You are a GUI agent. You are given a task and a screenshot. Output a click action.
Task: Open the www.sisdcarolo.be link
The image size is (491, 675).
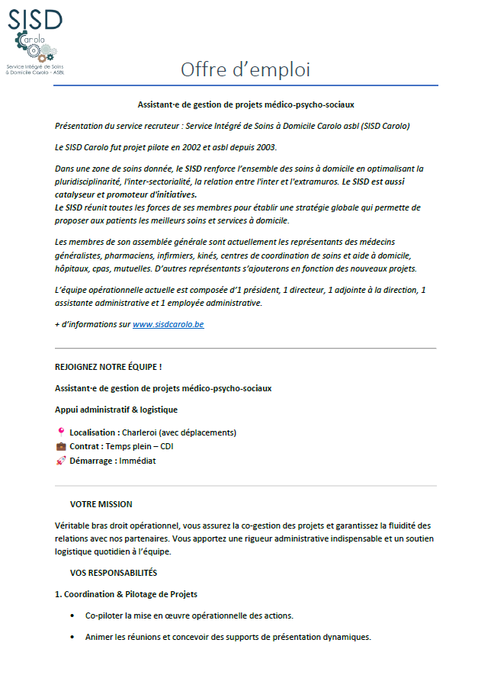(168, 324)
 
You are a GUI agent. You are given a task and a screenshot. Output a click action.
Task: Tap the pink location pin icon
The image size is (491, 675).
(61, 432)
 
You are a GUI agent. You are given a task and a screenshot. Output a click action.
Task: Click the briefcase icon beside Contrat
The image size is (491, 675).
(61, 446)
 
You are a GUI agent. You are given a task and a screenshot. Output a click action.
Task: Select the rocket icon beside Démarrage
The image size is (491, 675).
(61, 461)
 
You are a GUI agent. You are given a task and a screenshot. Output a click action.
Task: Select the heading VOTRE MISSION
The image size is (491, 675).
(101, 504)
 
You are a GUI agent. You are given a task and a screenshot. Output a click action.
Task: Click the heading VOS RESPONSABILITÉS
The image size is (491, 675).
(113, 572)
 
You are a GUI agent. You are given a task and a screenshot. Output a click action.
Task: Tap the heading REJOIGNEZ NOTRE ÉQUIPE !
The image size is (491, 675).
(108, 367)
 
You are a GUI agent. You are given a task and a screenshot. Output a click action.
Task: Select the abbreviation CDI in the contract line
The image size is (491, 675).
(166, 446)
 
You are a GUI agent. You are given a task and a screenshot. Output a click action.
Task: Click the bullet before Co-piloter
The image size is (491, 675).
(72, 616)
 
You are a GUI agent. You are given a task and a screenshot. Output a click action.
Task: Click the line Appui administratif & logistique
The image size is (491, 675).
(116, 410)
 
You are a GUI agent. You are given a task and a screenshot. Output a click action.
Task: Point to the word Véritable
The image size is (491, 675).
(74, 526)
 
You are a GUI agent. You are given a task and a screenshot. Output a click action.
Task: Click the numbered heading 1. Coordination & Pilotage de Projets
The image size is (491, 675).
(126, 593)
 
